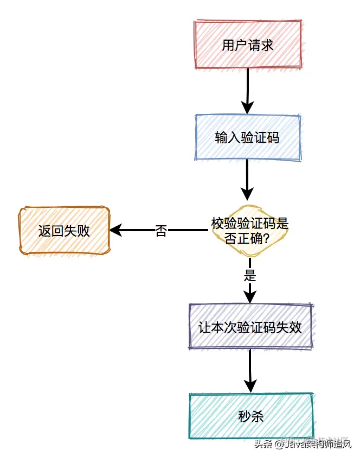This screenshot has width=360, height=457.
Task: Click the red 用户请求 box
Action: (x=247, y=45)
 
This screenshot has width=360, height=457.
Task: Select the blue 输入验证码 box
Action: (x=247, y=137)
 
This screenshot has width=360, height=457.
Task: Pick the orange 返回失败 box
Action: (x=64, y=231)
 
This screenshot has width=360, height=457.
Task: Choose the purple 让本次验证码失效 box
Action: (x=250, y=327)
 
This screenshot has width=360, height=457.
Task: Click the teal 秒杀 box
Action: (x=251, y=416)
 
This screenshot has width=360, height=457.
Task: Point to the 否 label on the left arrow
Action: (x=161, y=231)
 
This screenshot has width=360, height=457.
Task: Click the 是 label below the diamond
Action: (x=250, y=275)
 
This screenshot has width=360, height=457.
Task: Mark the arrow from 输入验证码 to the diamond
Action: (x=247, y=179)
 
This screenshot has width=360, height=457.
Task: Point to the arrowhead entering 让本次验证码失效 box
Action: (x=250, y=296)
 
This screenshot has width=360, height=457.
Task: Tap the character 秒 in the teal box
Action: (x=244, y=416)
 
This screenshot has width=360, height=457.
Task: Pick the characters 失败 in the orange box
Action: (x=77, y=231)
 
